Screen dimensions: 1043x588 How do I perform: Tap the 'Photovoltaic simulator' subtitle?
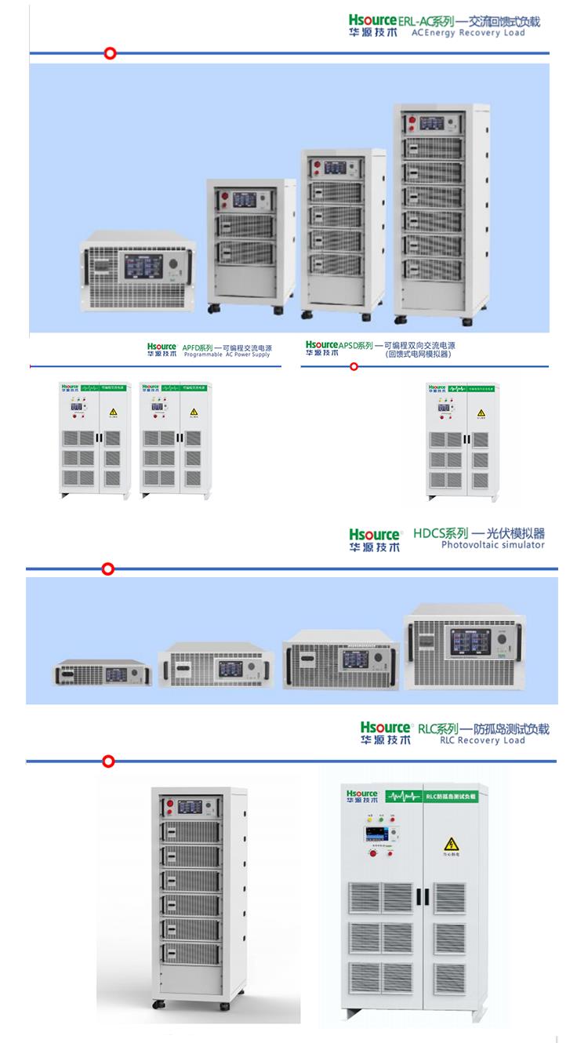click(492, 544)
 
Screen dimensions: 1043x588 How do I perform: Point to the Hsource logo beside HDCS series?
click(374, 540)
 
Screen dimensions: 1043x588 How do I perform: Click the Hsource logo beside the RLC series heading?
click(385, 733)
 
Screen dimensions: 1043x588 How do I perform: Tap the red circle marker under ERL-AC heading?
click(111, 53)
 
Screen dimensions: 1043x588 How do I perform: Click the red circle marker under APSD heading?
click(354, 366)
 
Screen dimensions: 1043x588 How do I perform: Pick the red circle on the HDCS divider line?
click(109, 569)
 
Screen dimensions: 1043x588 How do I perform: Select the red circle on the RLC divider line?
click(109, 761)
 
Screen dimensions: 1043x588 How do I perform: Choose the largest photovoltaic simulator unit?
click(464, 647)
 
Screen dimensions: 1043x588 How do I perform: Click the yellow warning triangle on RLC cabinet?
click(451, 845)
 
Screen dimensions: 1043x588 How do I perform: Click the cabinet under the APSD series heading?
click(462, 441)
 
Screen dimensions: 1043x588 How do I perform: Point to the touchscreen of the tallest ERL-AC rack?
click(431, 123)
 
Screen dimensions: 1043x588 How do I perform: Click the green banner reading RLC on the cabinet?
click(451, 796)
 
